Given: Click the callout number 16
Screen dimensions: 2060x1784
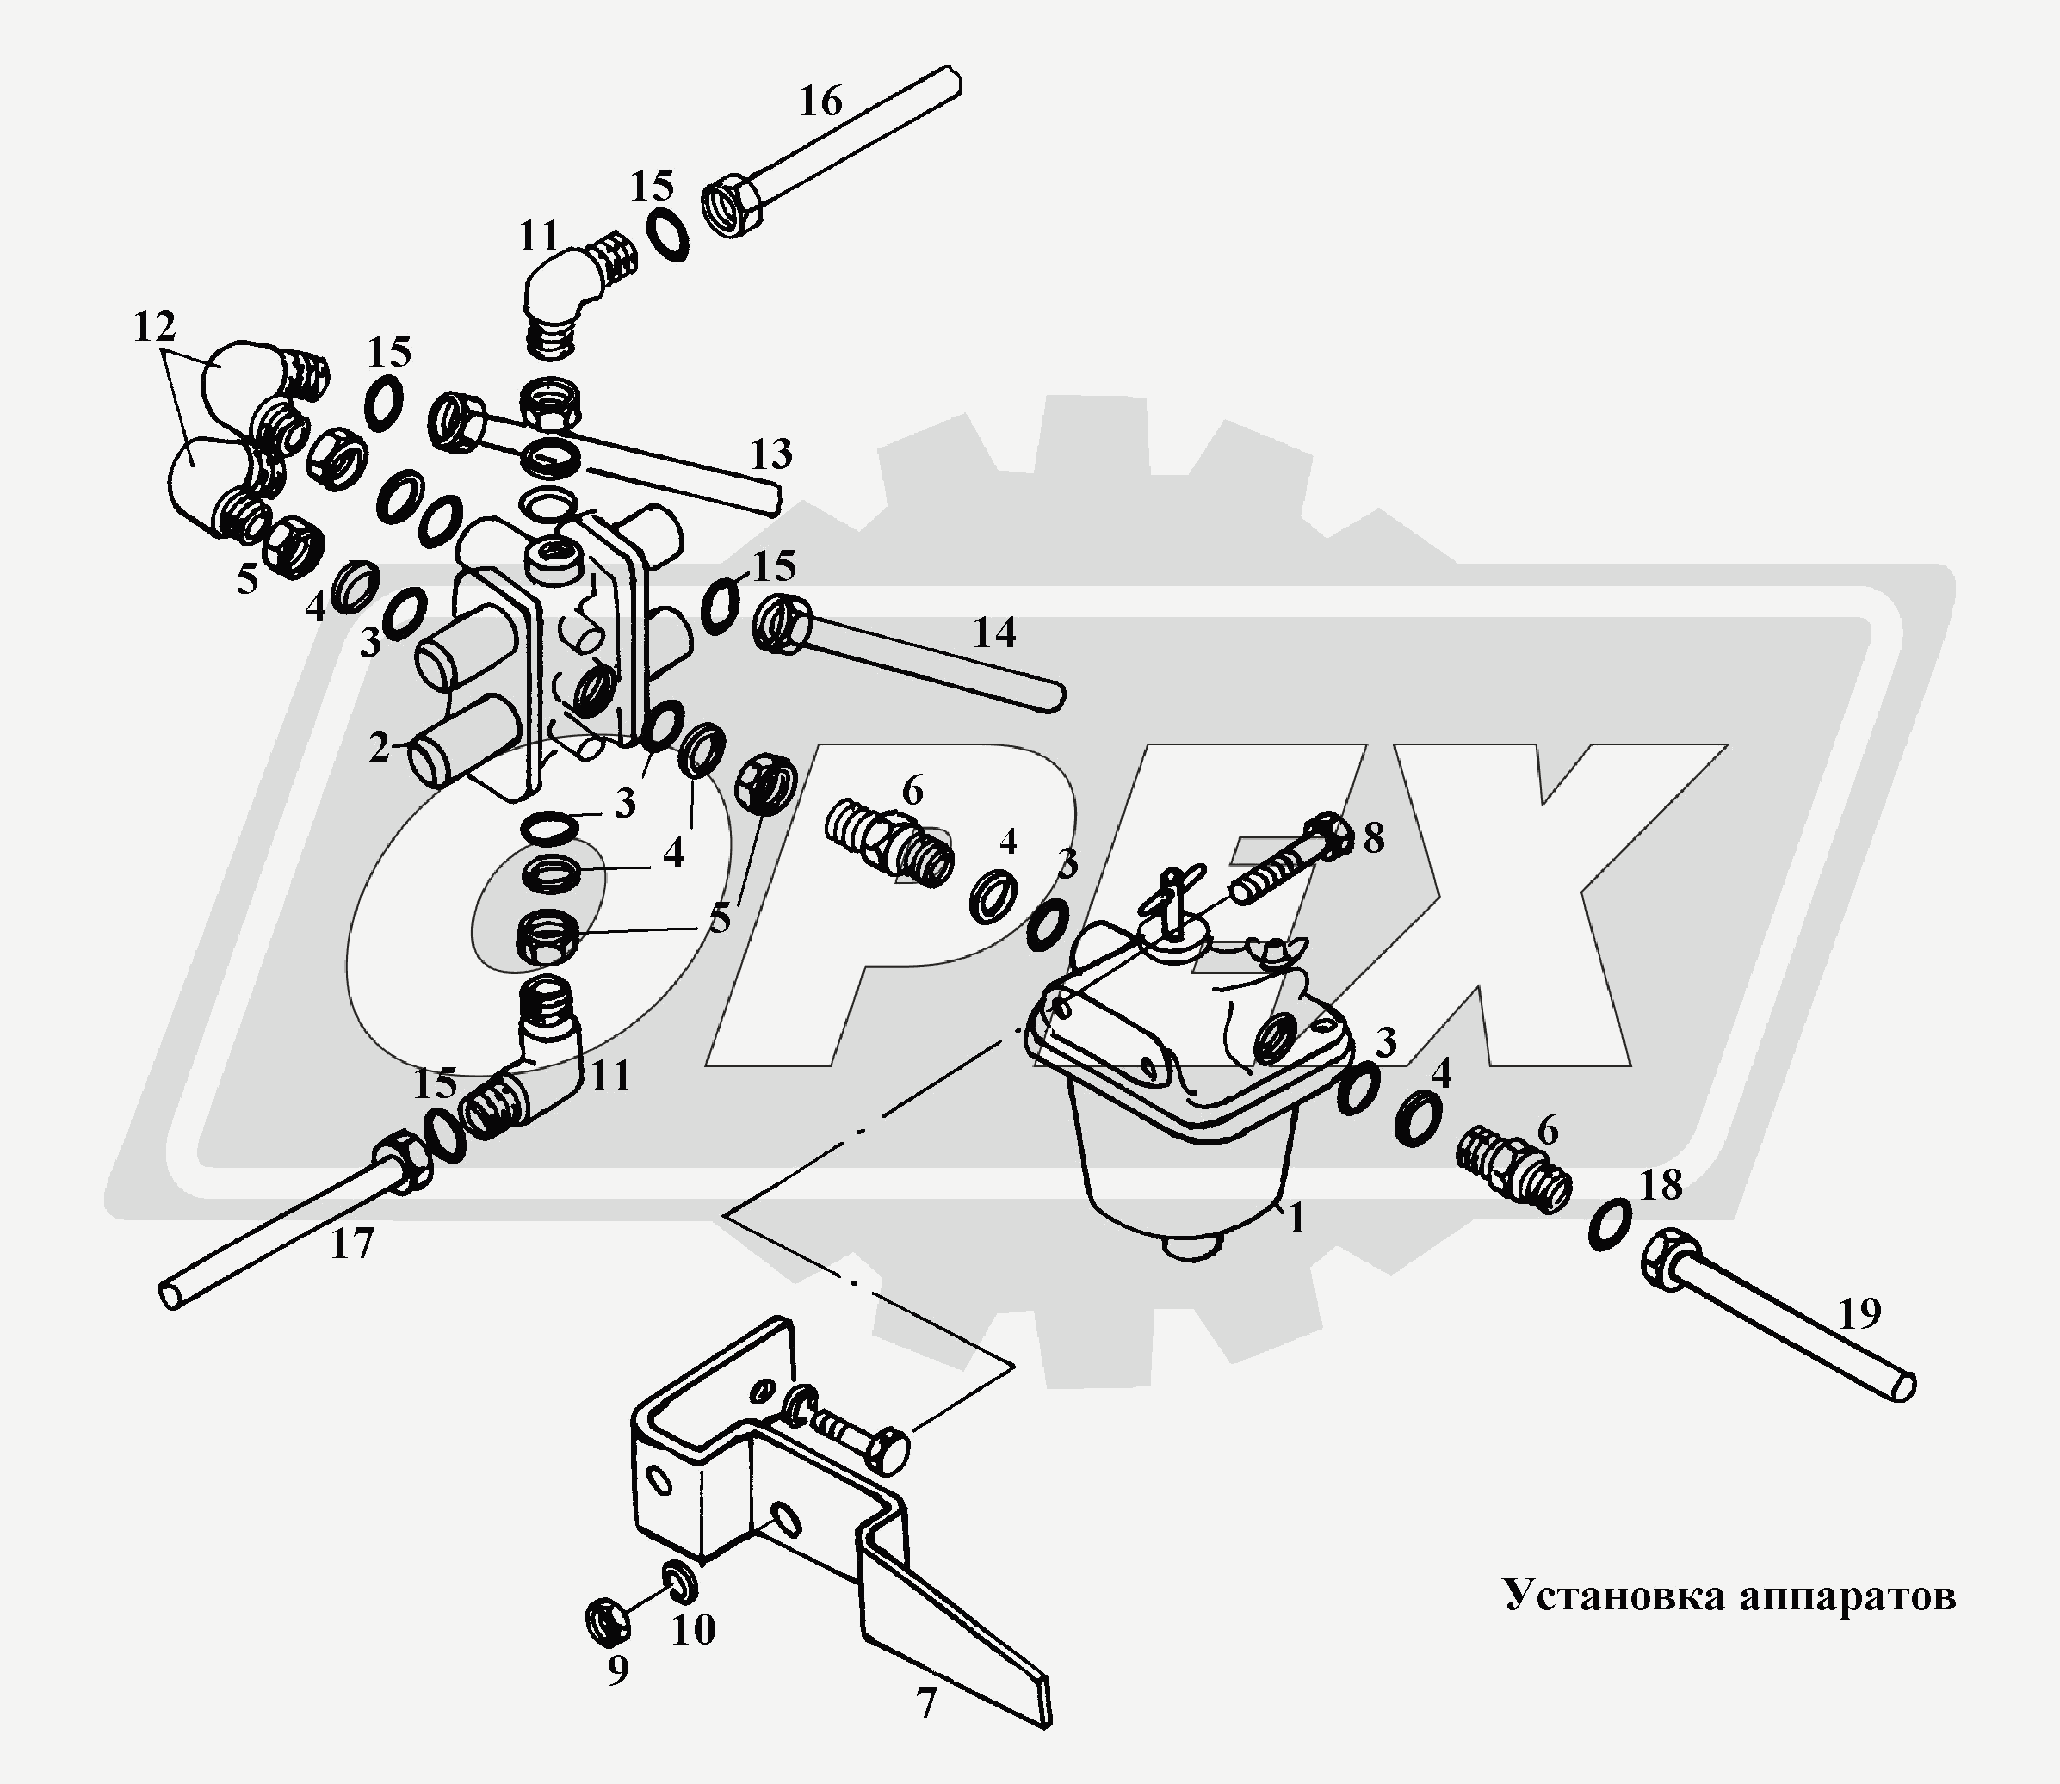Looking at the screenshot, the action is coord(820,102).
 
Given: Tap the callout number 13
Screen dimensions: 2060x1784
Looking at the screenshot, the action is coord(770,454).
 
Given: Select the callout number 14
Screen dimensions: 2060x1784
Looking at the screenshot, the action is coord(993,633).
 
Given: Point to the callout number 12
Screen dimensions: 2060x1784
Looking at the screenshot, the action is coord(154,326).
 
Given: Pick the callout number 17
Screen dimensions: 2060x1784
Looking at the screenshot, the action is coord(351,1244).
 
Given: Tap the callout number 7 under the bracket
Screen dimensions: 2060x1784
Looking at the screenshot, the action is coord(927,1704).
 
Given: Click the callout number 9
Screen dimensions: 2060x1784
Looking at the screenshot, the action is coord(617,1670).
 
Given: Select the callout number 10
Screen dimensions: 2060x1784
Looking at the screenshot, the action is coord(693,1631).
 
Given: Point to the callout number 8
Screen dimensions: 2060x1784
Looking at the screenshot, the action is coord(1373,839).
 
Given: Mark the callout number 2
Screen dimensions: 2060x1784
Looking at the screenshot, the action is coord(379,749).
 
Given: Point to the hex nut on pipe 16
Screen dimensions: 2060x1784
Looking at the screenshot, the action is coord(736,209).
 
